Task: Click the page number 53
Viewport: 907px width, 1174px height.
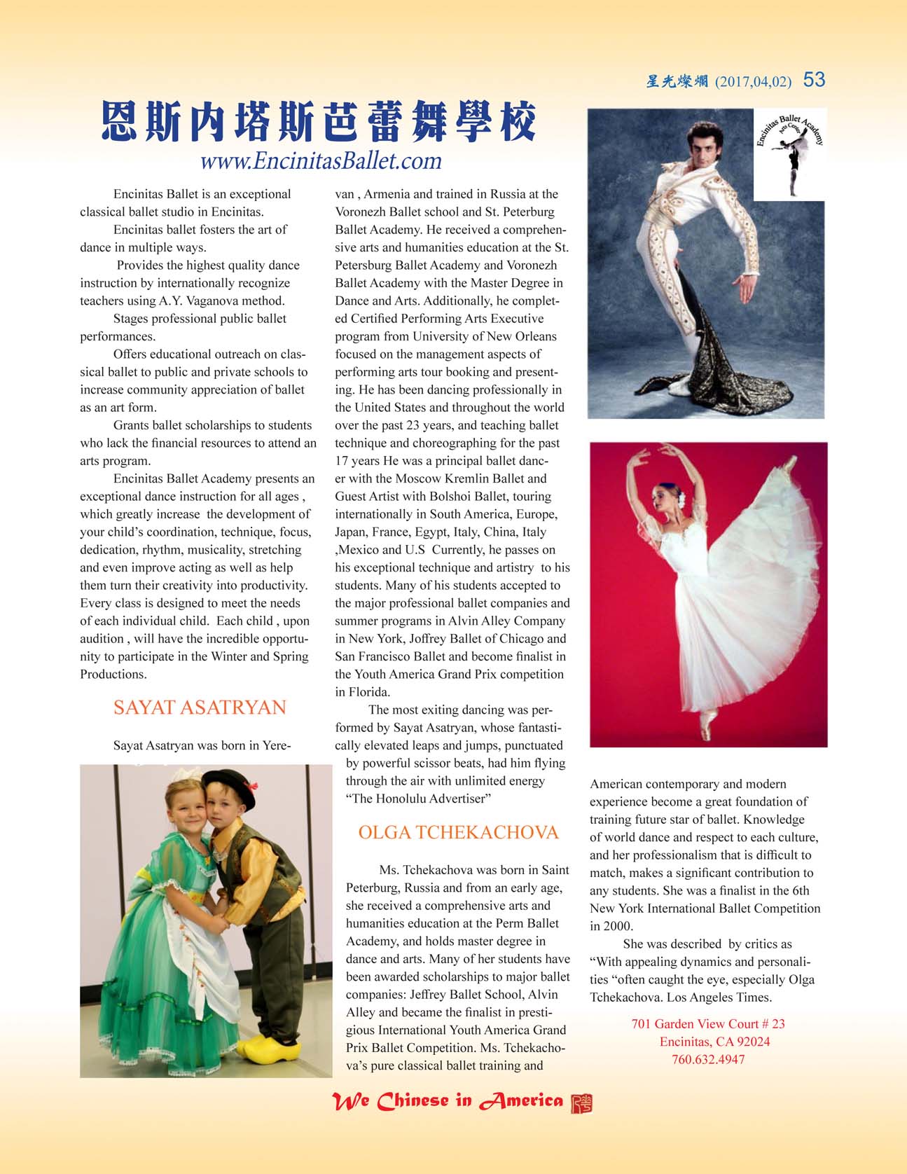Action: coord(814,80)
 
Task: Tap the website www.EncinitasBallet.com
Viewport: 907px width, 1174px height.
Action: coord(321,161)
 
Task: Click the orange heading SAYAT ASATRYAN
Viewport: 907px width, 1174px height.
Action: coord(200,707)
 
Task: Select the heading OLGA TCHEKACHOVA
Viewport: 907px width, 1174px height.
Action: coord(458,833)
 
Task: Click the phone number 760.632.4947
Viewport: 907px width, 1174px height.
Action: coord(708,1060)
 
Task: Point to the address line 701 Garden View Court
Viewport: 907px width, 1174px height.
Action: coord(708,1024)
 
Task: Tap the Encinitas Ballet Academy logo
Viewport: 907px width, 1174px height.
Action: coord(790,154)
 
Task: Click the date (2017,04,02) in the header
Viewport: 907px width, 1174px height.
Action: coord(753,82)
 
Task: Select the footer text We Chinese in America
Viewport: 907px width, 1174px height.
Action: coord(448,1102)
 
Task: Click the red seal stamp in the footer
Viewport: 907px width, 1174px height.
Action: coord(581,1103)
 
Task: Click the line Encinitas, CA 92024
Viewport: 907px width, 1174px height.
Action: coord(714,1042)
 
